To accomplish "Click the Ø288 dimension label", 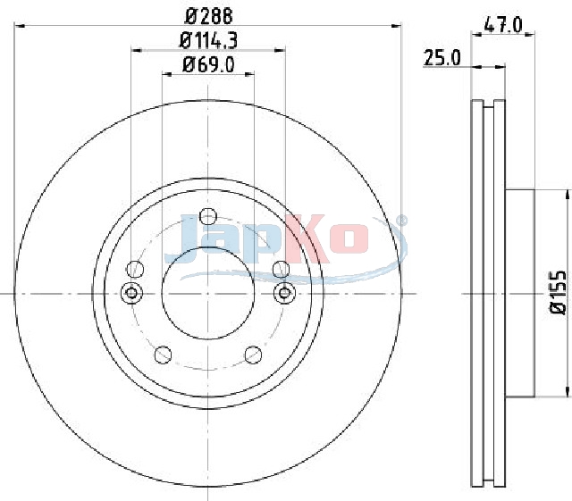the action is (x=208, y=17).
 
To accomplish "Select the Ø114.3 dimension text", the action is (x=208, y=40).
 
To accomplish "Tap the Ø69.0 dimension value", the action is (x=208, y=65).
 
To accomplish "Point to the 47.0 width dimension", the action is (x=503, y=26).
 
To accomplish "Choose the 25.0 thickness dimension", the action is (x=442, y=58).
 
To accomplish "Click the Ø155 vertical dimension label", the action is (x=558, y=292).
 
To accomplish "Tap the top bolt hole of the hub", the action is (x=208, y=217).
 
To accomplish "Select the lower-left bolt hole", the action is (x=163, y=355).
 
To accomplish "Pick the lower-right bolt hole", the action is (x=253, y=355).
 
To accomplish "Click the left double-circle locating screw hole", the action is (x=131, y=293).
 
